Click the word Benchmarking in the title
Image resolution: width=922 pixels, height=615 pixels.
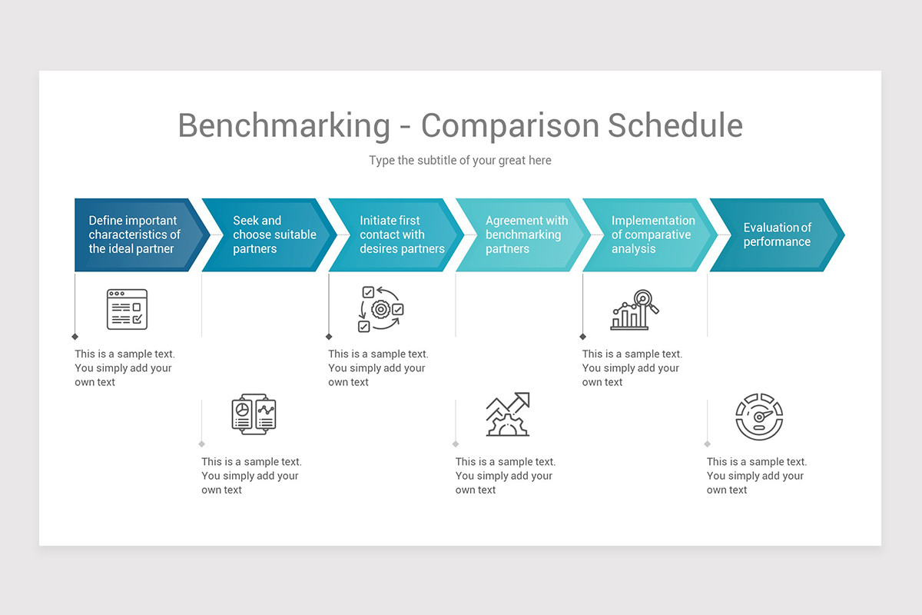[284, 125]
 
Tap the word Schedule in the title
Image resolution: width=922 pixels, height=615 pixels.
[675, 125]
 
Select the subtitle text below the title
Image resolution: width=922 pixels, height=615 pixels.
[459, 161]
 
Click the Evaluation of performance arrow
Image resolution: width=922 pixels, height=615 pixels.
[776, 234]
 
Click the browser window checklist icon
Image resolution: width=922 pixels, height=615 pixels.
[127, 309]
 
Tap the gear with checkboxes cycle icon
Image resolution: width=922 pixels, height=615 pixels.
[380, 309]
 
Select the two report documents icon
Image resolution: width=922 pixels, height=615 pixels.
[254, 415]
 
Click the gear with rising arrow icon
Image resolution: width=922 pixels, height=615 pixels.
[507, 415]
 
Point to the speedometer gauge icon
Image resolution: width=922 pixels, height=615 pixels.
[759, 417]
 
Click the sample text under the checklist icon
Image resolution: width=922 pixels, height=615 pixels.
[124, 368]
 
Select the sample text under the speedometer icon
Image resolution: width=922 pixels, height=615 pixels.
[756, 476]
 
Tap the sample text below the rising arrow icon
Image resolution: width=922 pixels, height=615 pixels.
[505, 476]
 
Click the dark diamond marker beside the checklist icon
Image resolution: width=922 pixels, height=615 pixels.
[75, 337]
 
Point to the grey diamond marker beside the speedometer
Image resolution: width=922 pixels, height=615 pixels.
[707, 444]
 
